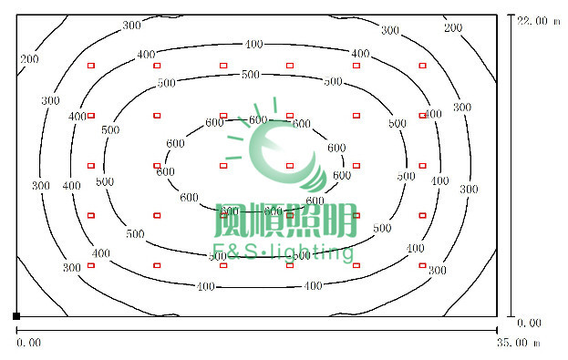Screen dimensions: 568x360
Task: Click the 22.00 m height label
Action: coord(537,19)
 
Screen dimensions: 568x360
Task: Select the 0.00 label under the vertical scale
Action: coord(530,323)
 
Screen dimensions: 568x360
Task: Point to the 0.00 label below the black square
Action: coord(29,343)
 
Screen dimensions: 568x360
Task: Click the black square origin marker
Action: coord(16,315)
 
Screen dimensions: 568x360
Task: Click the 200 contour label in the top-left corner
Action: coord(30,59)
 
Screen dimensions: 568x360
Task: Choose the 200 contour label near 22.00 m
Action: coord(453,28)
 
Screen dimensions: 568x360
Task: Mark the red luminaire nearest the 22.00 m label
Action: coord(423,66)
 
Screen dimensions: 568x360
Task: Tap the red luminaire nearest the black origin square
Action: coord(90,265)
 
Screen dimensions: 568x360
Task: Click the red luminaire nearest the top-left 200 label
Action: coord(90,66)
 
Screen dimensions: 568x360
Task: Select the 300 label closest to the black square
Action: coord(72,267)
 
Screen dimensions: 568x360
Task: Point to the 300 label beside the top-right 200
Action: coord(390,30)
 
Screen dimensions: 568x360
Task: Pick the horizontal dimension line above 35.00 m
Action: coord(255,330)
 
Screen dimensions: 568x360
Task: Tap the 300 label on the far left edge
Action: coord(40,185)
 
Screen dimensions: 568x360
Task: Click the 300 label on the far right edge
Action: coord(469,189)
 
